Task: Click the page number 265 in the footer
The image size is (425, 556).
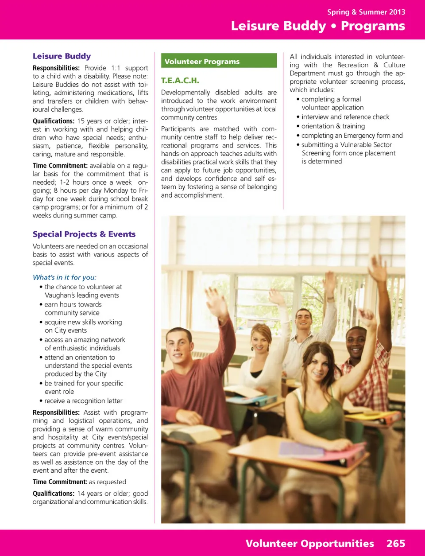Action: pyautogui.click(x=395, y=544)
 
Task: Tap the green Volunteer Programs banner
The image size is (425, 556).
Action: pyautogui.click(x=219, y=61)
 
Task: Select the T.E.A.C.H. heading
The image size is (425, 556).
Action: pyautogui.click(x=180, y=81)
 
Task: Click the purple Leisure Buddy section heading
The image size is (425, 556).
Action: pyautogui.click(x=62, y=56)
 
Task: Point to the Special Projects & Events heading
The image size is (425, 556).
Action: pyautogui.click(x=84, y=234)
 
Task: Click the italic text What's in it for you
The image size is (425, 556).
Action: pyautogui.click(x=64, y=277)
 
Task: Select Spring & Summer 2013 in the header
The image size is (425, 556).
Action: pyautogui.click(x=366, y=12)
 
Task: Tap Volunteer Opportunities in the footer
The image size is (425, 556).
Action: pyautogui.click(x=309, y=544)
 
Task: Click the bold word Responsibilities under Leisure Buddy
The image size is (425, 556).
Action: pyautogui.click(x=56, y=68)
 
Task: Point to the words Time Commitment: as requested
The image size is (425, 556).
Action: pyautogui.click(x=79, y=482)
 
